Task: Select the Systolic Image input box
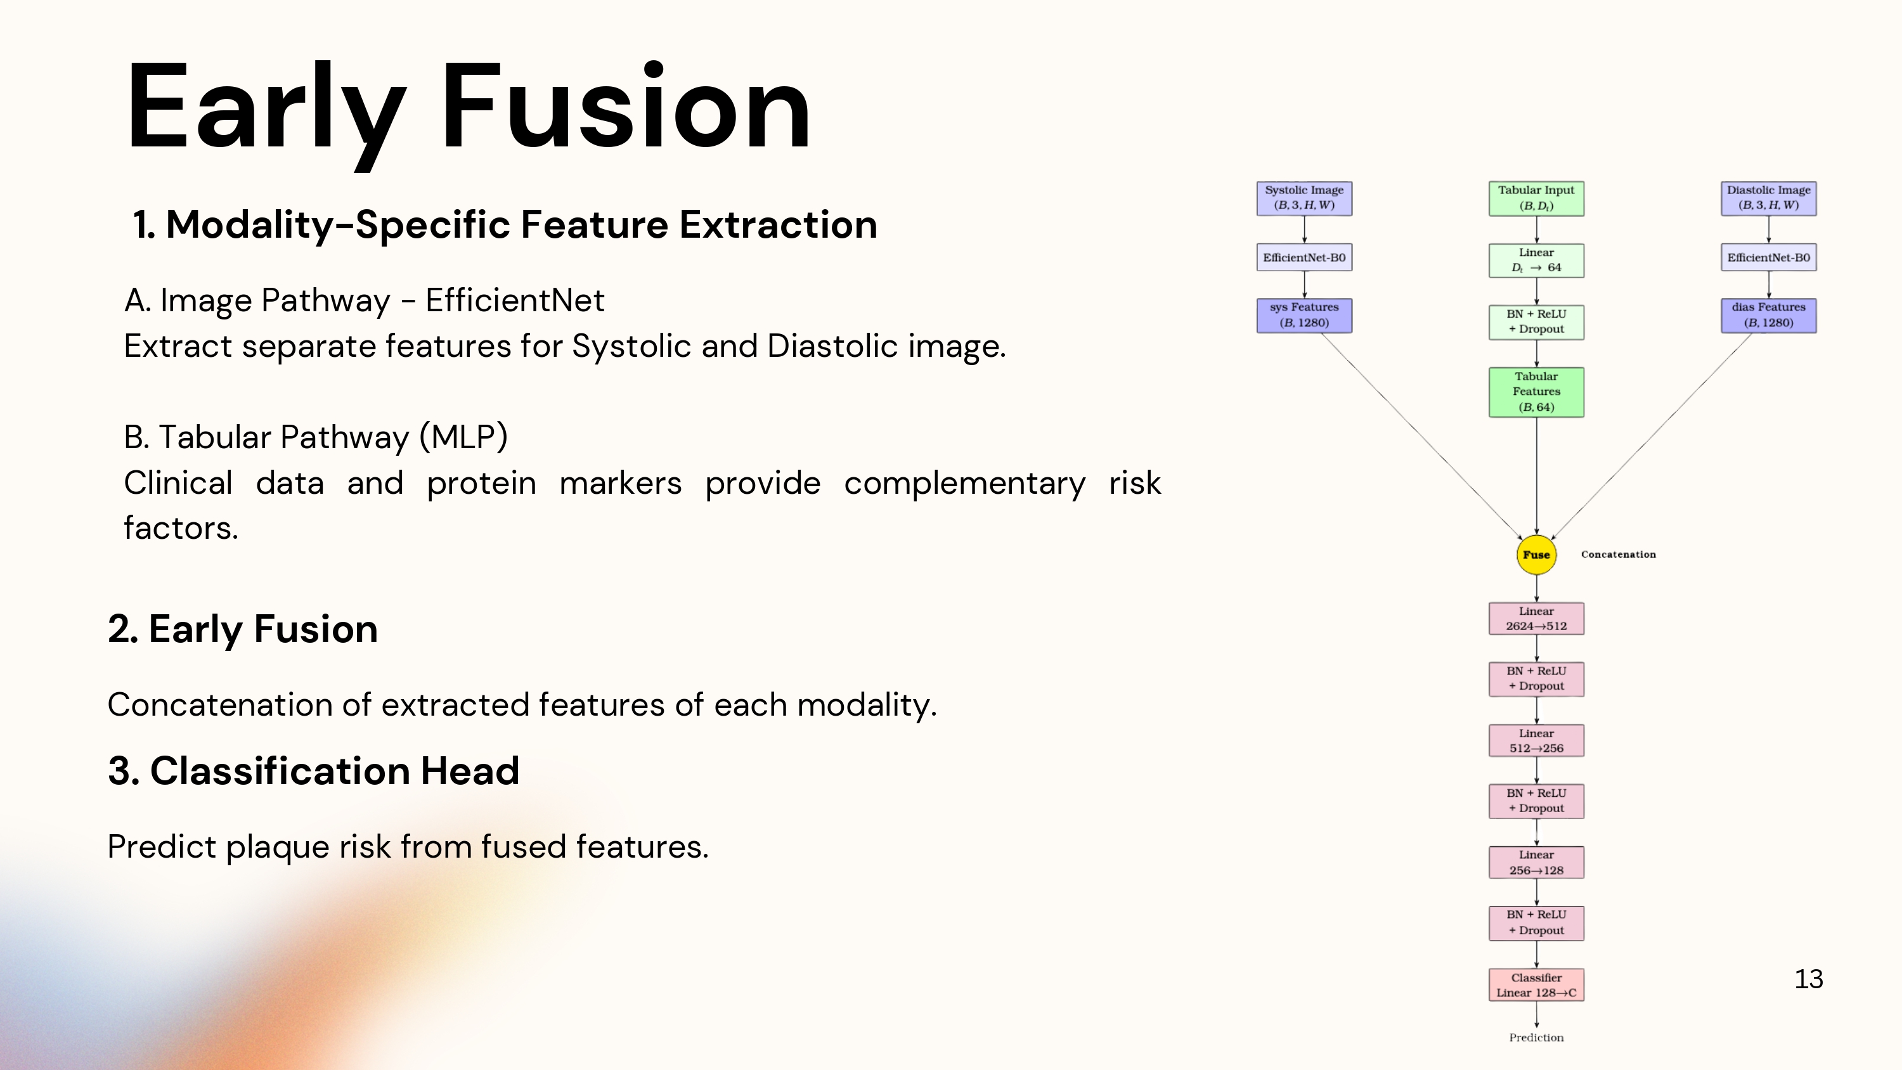click(x=1304, y=198)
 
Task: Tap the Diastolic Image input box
click(x=1768, y=198)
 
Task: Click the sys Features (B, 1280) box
click(x=1304, y=315)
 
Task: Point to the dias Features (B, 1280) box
click(x=1768, y=315)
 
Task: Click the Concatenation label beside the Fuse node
click(x=1618, y=555)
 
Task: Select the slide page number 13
click(x=1808, y=979)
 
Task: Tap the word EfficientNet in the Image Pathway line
click(x=515, y=300)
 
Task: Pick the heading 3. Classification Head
click(x=314, y=771)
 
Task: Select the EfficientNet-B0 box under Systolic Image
click(x=1304, y=258)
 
